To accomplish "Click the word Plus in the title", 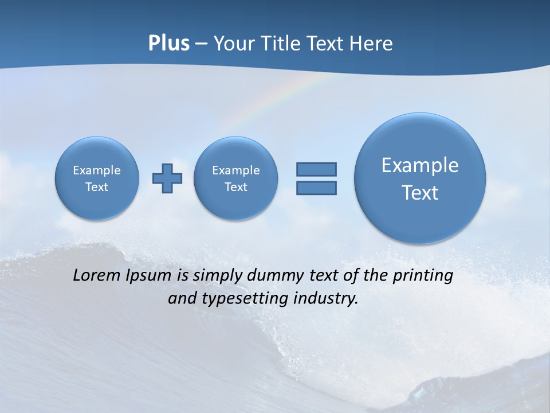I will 168,44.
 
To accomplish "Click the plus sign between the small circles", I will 167,178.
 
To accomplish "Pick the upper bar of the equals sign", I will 316,169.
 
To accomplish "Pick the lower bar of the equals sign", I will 316,188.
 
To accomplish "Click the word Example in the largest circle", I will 420,165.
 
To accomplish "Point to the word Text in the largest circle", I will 420,193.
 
